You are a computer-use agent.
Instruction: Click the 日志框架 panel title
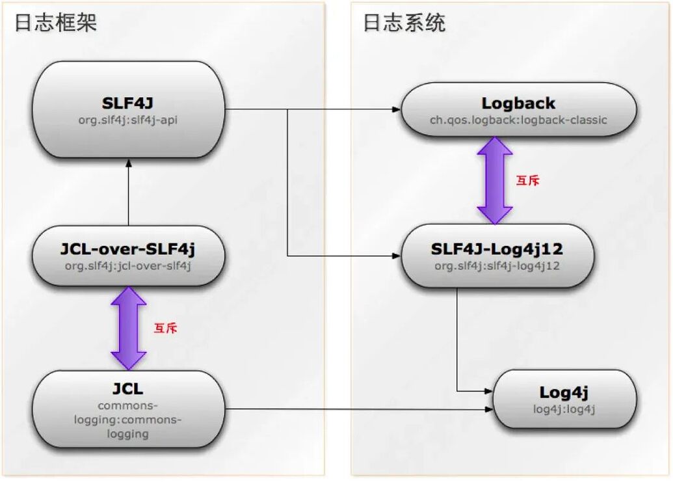[x=56, y=23]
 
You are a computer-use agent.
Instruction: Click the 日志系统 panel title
[x=404, y=23]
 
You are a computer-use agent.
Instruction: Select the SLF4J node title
[x=129, y=103]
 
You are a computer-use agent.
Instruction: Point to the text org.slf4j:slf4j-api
[x=129, y=119]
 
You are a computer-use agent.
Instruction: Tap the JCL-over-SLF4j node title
[x=129, y=249]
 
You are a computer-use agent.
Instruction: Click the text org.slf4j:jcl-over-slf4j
[x=129, y=265]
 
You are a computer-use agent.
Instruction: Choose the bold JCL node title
[x=129, y=389]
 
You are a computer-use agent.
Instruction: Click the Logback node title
[x=518, y=103]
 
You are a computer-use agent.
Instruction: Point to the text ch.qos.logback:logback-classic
[x=518, y=120]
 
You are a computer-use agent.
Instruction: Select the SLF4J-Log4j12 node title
[x=497, y=249]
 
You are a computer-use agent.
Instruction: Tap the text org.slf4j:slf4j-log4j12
[x=497, y=265]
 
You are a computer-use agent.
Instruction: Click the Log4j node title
[x=564, y=392]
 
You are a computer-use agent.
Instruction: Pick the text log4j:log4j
[x=564, y=409]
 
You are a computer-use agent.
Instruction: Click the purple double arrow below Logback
[x=495, y=180]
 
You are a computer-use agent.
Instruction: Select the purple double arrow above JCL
[x=129, y=328]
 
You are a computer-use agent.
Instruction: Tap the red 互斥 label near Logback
[x=527, y=181]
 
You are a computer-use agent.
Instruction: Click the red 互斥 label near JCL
[x=165, y=329]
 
